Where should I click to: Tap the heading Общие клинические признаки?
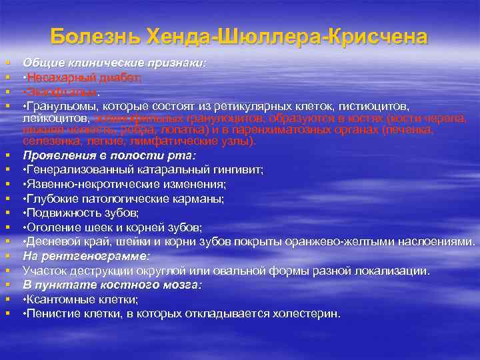pyautogui.click(x=115, y=63)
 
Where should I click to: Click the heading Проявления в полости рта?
pyautogui.click(x=109, y=155)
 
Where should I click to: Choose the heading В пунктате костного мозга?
pyautogui.click(x=111, y=285)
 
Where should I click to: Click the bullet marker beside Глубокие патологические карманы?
pyautogui.click(x=7, y=199)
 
